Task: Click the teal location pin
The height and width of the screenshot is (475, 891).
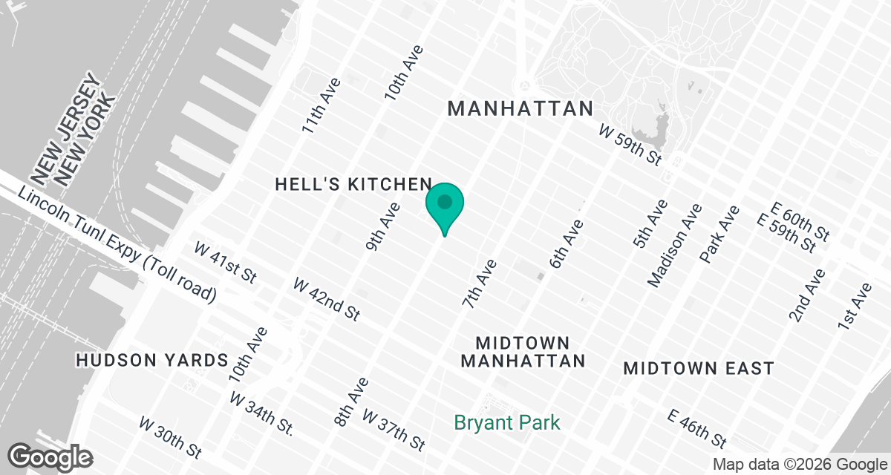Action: tap(445, 204)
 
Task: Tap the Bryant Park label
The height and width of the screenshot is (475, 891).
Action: tap(507, 423)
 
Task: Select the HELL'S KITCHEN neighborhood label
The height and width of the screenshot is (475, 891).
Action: tap(353, 185)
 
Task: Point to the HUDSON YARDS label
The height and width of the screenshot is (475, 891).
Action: tap(151, 361)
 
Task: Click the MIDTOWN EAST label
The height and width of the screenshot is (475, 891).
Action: tap(699, 368)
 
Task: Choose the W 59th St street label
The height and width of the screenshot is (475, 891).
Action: tap(630, 145)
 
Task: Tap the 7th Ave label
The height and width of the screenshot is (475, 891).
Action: tap(479, 284)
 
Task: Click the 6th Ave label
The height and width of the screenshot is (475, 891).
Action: tap(567, 244)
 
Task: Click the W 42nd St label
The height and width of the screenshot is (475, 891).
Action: tap(327, 299)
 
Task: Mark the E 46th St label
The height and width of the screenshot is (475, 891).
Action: tap(696, 428)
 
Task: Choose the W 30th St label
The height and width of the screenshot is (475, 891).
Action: tap(170, 436)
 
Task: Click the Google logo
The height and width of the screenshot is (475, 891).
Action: tap(51, 456)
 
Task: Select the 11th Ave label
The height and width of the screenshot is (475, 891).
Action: tap(321, 105)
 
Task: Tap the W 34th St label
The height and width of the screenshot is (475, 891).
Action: tap(261, 413)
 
